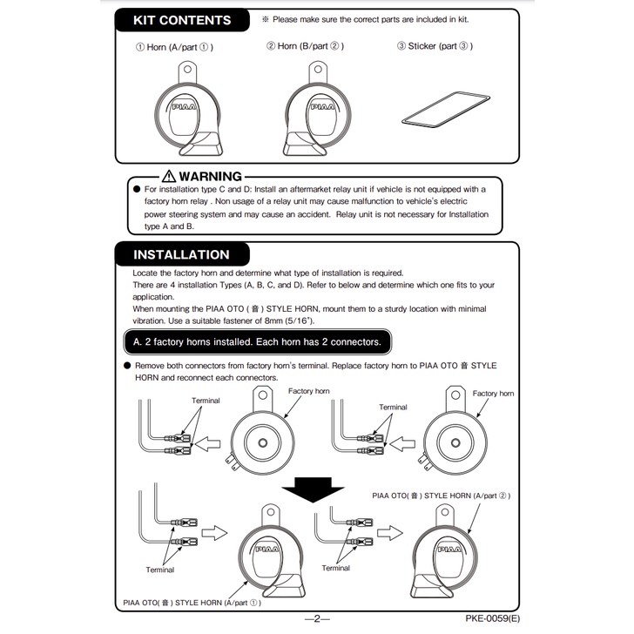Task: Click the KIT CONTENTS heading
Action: [182, 20]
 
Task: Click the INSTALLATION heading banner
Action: [181, 255]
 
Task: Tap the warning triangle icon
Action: [165, 177]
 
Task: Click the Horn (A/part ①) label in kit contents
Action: [174, 47]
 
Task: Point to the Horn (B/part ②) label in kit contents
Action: [305, 47]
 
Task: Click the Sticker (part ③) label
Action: [435, 47]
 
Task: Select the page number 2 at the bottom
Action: [318, 618]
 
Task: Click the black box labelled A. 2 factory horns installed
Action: [257, 340]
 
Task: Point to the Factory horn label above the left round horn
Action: [307, 393]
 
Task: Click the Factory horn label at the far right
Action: [493, 394]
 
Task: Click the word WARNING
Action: [210, 177]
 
